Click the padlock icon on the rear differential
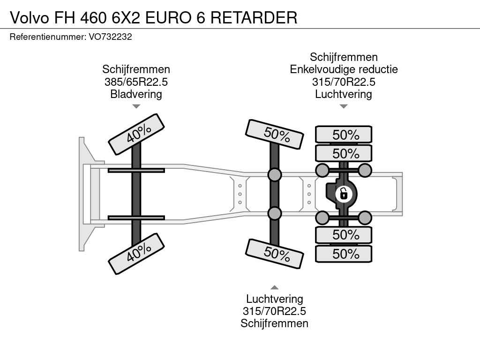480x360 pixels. click(344, 194)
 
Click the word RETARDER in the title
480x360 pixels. click(254, 17)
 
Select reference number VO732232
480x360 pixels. click(111, 37)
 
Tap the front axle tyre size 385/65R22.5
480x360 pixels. click(136, 82)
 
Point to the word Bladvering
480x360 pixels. click(136, 94)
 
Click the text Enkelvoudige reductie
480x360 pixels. click(344, 69)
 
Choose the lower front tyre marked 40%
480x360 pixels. click(136, 254)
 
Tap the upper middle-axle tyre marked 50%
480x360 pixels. click(275, 135)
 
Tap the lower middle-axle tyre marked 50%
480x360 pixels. click(275, 254)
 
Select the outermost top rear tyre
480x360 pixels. click(344, 135)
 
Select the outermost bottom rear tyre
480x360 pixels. click(344, 254)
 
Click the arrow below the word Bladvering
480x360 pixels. click(136, 106)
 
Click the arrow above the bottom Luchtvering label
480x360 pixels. click(275, 287)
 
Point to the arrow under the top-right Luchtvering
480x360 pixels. click(344, 106)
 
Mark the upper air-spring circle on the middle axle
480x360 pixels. click(275, 174)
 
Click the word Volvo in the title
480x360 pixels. click(30, 17)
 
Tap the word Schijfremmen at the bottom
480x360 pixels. click(274, 323)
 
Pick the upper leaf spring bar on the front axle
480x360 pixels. click(136, 171)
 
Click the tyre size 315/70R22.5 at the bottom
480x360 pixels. click(274, 311)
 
